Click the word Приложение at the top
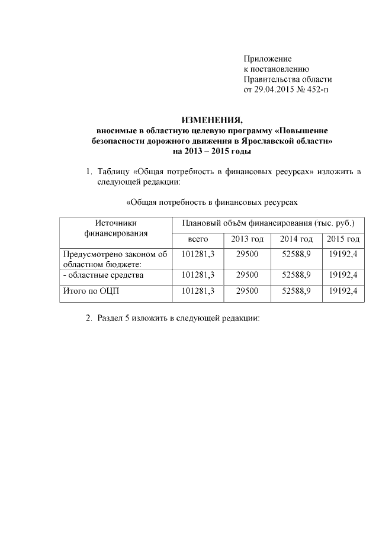[268, 59]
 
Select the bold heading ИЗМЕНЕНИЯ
[212, 118]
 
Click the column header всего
[198, 239]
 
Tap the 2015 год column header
[343, 239]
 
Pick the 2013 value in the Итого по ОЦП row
[247, 291]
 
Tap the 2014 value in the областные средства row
[297, 275]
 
